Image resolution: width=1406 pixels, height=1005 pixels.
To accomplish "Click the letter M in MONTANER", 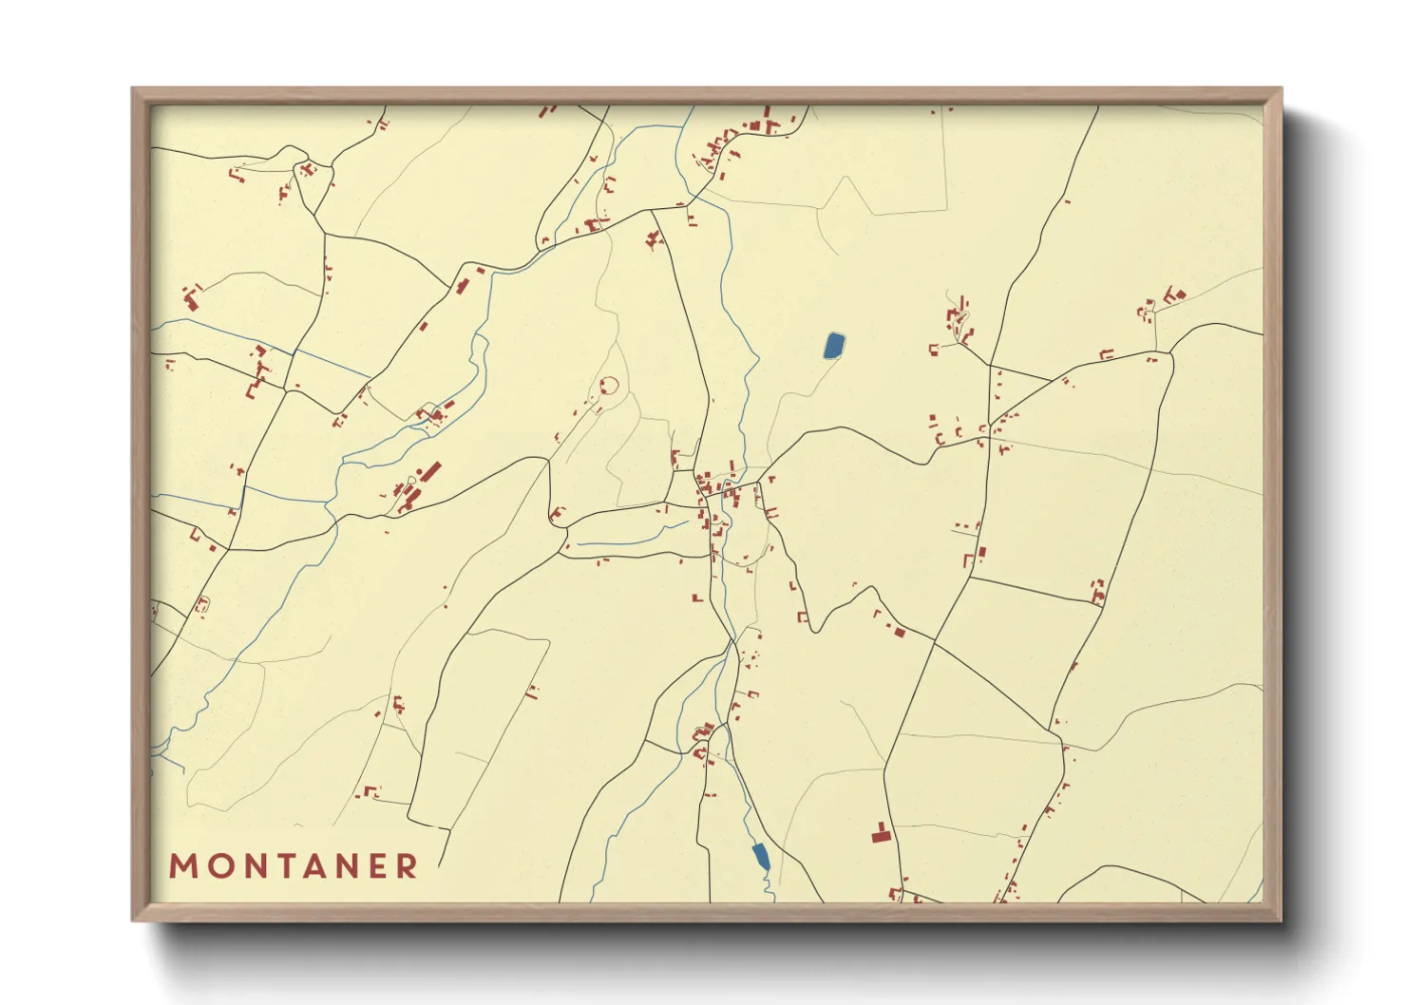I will (x=182, y=866).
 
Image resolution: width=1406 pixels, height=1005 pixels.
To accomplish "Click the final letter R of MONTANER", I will (x=408, y=866).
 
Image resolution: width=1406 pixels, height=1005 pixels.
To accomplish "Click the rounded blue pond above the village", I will (x=834, y=345).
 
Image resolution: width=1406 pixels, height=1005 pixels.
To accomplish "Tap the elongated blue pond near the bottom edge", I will (x=761, y=856).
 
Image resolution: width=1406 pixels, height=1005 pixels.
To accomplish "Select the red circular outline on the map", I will (x=609, y=387).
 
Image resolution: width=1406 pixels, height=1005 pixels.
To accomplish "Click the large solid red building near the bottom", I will (x=882, y=834).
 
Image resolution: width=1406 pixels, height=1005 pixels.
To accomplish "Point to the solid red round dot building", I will (x=419, y=472).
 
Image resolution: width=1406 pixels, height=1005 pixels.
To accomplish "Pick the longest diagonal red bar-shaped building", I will (x=430, y=472).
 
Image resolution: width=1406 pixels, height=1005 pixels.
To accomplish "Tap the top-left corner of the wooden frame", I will (x=132, y=88).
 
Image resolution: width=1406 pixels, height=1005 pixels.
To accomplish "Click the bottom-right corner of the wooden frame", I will (x=1281, y=920).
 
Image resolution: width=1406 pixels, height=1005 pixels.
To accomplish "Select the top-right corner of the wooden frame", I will (x=1281, y=88).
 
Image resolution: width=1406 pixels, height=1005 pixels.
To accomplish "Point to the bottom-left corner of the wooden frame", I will (x=132, y=920).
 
